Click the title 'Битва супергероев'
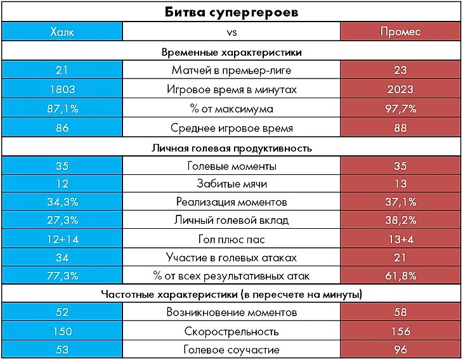tap(231, 12)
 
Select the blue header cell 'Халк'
tap(62, 32)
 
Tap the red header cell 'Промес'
tap(400, 32)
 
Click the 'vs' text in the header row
tap(231, 32)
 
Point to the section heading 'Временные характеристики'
tap(231, 51)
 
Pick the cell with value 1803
tap(62, 89)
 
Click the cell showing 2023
tap(400, 89)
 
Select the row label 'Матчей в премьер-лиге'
tap(231, 70)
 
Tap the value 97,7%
tap(400, 109)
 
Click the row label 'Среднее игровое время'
tap(231, 129)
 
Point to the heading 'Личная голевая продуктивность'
tap(231, 148)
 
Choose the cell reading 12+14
tap(62, 239)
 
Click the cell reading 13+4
tap(400, 239)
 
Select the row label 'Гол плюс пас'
tap(231, 239)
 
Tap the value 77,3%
tap(62, 276)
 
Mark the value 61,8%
tap(400, 276)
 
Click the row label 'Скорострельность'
tap(231, 331)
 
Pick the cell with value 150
tap(62, 331)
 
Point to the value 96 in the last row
tap(400, 350)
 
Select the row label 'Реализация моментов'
tap(231, 202)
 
